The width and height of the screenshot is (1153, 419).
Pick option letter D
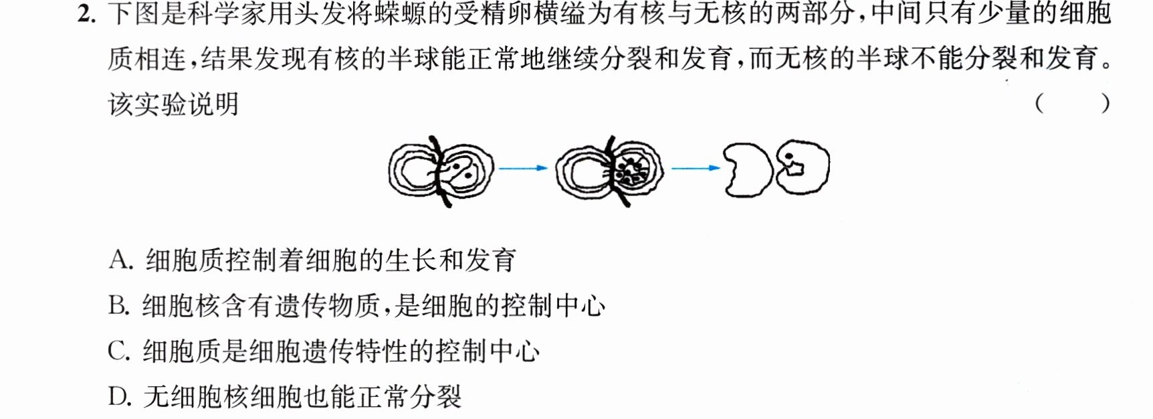click(x=118, y=397)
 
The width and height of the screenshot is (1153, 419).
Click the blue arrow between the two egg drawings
click(x=523, y=168)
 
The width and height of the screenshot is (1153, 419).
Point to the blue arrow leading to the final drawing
click(x=696, y=168)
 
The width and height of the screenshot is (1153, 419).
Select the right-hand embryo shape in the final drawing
click(x=803, y=167)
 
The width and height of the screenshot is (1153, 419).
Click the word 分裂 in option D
click(x=436, y=397)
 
